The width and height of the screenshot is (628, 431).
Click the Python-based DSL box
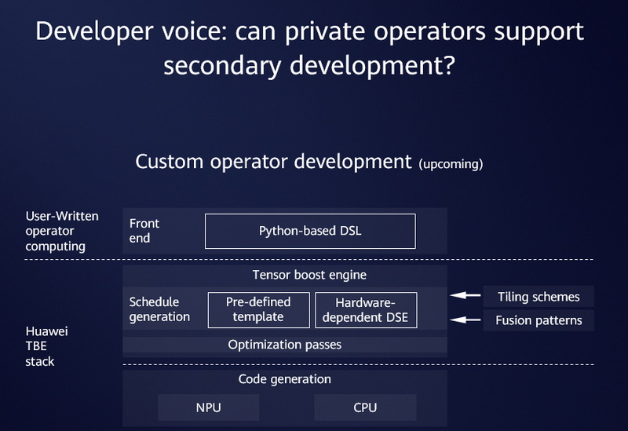pos(310,231)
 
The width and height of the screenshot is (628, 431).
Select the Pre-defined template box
pos(258,309)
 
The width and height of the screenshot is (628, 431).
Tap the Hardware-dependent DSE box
pos(366,309)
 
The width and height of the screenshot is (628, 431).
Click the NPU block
pos(208,407)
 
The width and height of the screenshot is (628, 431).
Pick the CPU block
pos(365,407)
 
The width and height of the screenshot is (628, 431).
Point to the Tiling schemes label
pos(539,297)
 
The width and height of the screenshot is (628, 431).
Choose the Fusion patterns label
pos(539,320)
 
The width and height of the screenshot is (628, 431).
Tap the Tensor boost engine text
pos(309,276)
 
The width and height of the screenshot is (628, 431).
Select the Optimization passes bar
pos(284,345)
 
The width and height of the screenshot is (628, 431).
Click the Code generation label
pos(284,379)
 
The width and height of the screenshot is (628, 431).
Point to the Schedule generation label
pos(159,309)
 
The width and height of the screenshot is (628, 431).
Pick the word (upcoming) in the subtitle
pos(451,164)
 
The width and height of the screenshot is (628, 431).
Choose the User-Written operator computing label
pos(60,231)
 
